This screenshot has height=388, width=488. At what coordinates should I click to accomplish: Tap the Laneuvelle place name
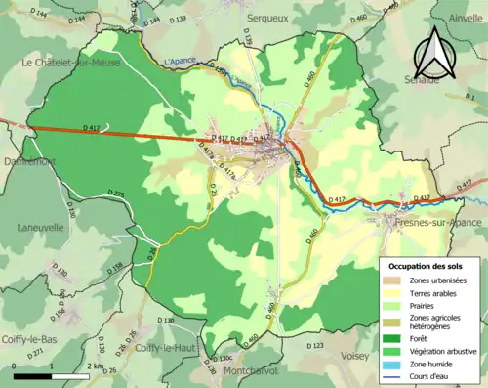coord(40,228)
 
